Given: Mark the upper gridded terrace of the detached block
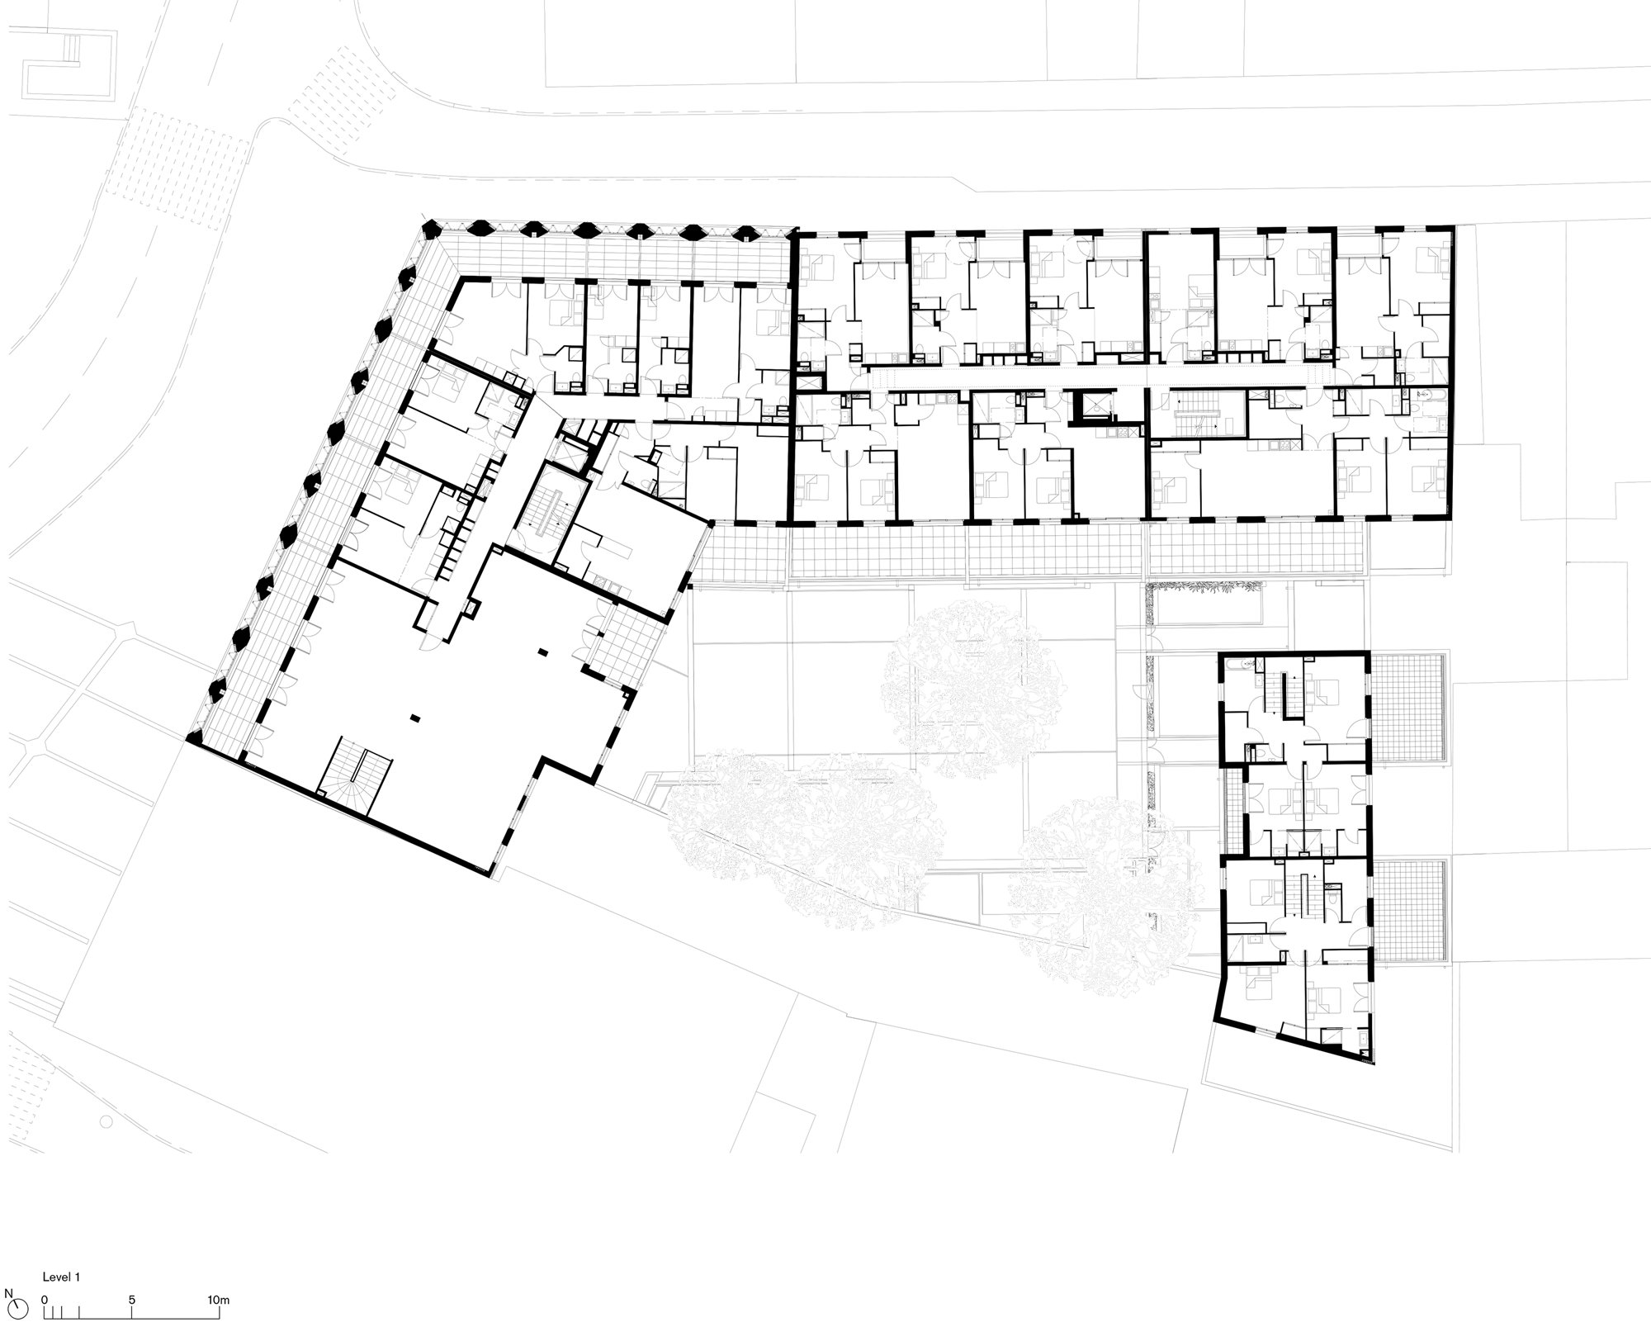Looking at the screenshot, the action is pos(1407,708).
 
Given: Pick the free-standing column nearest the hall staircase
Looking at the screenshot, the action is pos(418,717).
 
